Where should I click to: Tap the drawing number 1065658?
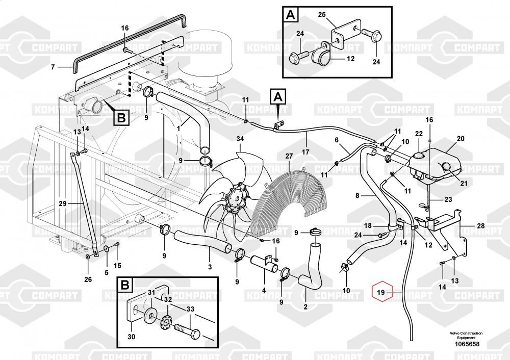tap(467, 344)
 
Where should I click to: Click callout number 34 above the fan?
tap(240, 139)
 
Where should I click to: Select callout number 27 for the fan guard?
tap(289, 156)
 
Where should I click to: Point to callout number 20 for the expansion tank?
tap(461, 139)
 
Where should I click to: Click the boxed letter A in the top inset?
tap(291, 15)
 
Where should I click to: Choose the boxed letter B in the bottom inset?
tap(125, 285)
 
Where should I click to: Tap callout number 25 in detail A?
tap(322, 15)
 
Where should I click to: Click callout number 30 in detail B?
tap(131, 337)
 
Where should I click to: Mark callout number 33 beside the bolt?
tap(190, 309)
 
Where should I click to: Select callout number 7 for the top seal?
tap(53, 67)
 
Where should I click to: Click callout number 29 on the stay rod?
tap(62, 204)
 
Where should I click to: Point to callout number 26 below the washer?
tap(88, 279)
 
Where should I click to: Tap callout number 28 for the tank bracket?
tap(481, 226)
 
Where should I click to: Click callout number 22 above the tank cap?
tap(419, 134)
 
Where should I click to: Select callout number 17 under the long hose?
tap(305, 152)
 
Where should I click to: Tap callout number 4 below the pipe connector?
tap(264, 290)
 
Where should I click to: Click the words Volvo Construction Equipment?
tap(466, 336)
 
